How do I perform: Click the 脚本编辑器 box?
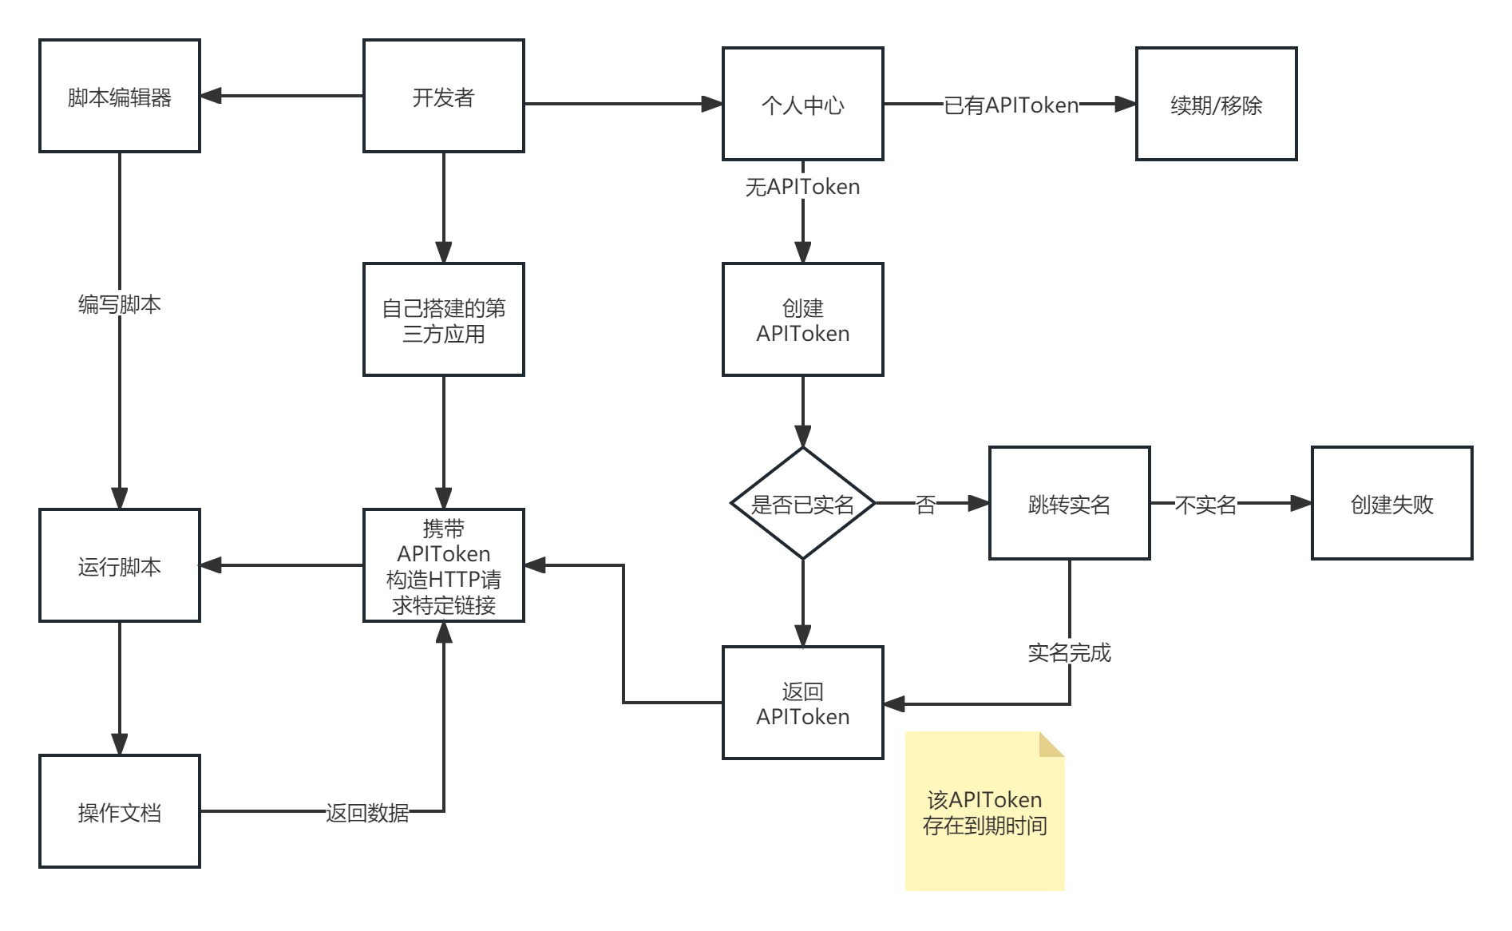click(x=120, y=96)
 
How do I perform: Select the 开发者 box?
click(x=444, y=96)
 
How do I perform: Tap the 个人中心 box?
click(x=803, y=104)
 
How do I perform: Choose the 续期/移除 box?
click(x=1217, y=104)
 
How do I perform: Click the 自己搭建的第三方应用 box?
click(x=444, y=319)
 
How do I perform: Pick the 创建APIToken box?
click(x=803, y=319)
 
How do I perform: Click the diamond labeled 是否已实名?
click(x=803, y=503)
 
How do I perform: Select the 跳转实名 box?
click(x=1070, y=503)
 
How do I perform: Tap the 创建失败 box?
click(x=1392, y=503)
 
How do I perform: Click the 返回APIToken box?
click(x=803, y=703)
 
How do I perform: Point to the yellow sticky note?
click(x=985, y=811)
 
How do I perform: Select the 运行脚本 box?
click(x=120, y=565)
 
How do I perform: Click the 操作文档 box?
click(x=120, y=811)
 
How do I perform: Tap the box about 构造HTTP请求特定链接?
click(x=444, y=565)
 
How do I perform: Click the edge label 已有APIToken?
click(x=1011, y=105)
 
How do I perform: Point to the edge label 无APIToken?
click(x=803, y=187)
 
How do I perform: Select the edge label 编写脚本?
click(x=120, y=304)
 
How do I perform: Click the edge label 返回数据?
click(x=367, y=813)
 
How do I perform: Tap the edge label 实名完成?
click(x=1070, y=653)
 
